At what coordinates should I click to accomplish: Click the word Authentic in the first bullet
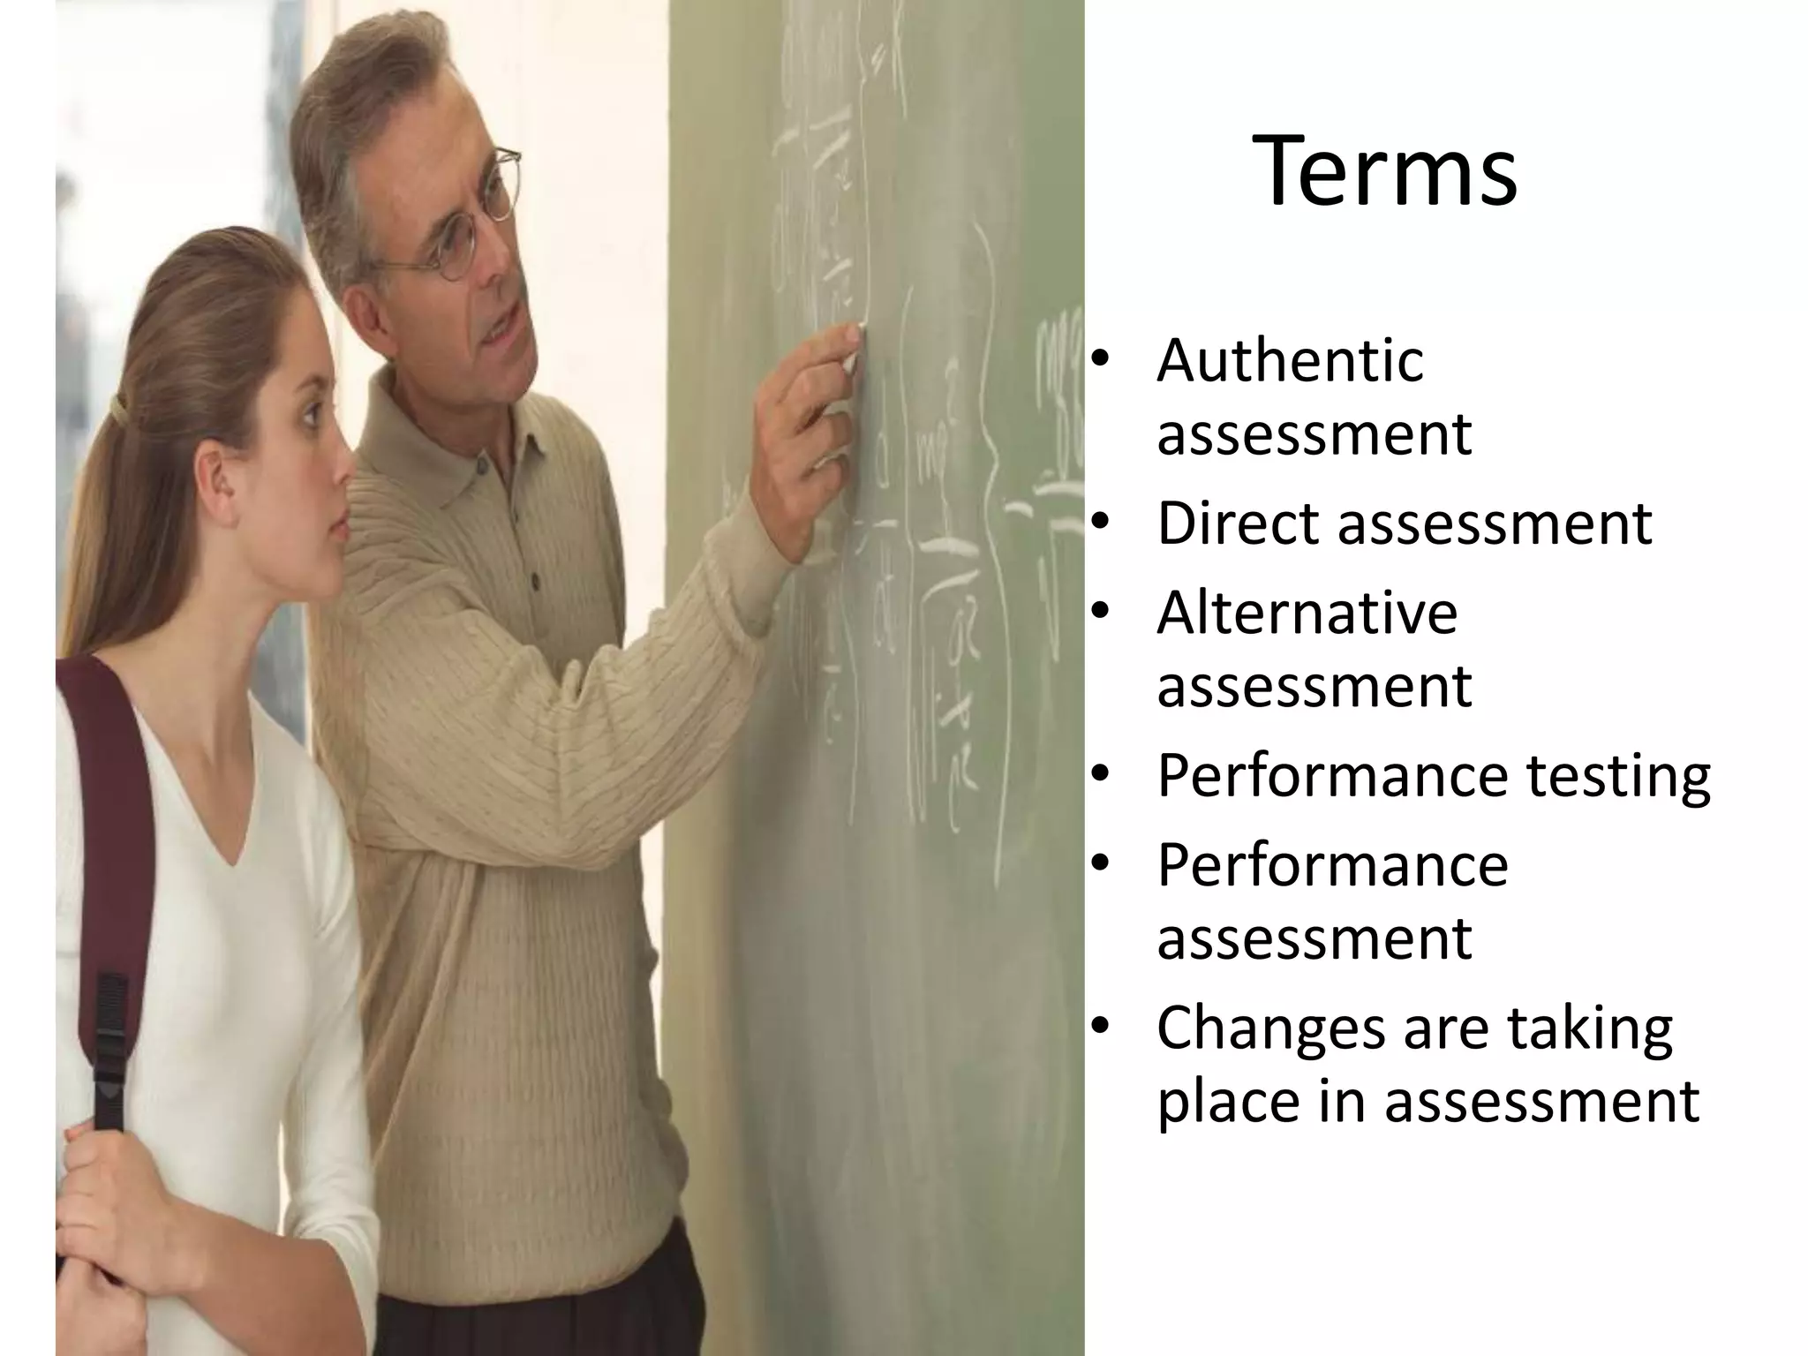click(x=1290, y=360)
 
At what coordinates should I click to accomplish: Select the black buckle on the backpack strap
click(x=111, y=1042)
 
